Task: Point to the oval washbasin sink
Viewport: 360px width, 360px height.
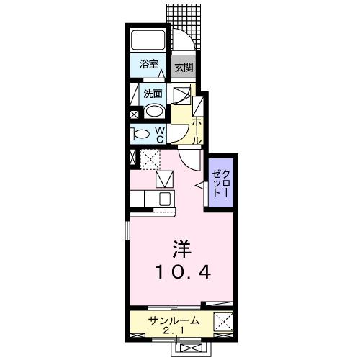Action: (x=154, y=112)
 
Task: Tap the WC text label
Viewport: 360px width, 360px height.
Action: (x=161, y=133)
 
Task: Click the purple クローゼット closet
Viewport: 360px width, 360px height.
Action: (x=220, y=184)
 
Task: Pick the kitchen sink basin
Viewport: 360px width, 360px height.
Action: (x=165, y=198)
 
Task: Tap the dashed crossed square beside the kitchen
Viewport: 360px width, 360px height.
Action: (x=150, y=158)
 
